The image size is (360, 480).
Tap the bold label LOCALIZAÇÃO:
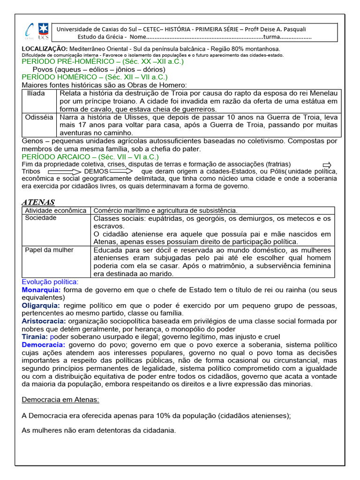pos(45,49)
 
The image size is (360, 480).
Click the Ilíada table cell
pos(36,93)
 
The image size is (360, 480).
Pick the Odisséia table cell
pos(39,117)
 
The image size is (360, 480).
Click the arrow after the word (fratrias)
pos(327,165)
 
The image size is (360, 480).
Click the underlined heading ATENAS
pos(38,202)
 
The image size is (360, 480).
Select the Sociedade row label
pos(41,218)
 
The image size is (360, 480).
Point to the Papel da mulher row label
pos(49,250)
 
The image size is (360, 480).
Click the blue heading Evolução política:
pos(50,282)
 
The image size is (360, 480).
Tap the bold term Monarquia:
pos(41,290)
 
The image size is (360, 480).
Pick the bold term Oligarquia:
pos(41,306)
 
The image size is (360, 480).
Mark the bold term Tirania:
pos(35,337)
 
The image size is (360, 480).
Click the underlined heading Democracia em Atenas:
pos(60,399)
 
